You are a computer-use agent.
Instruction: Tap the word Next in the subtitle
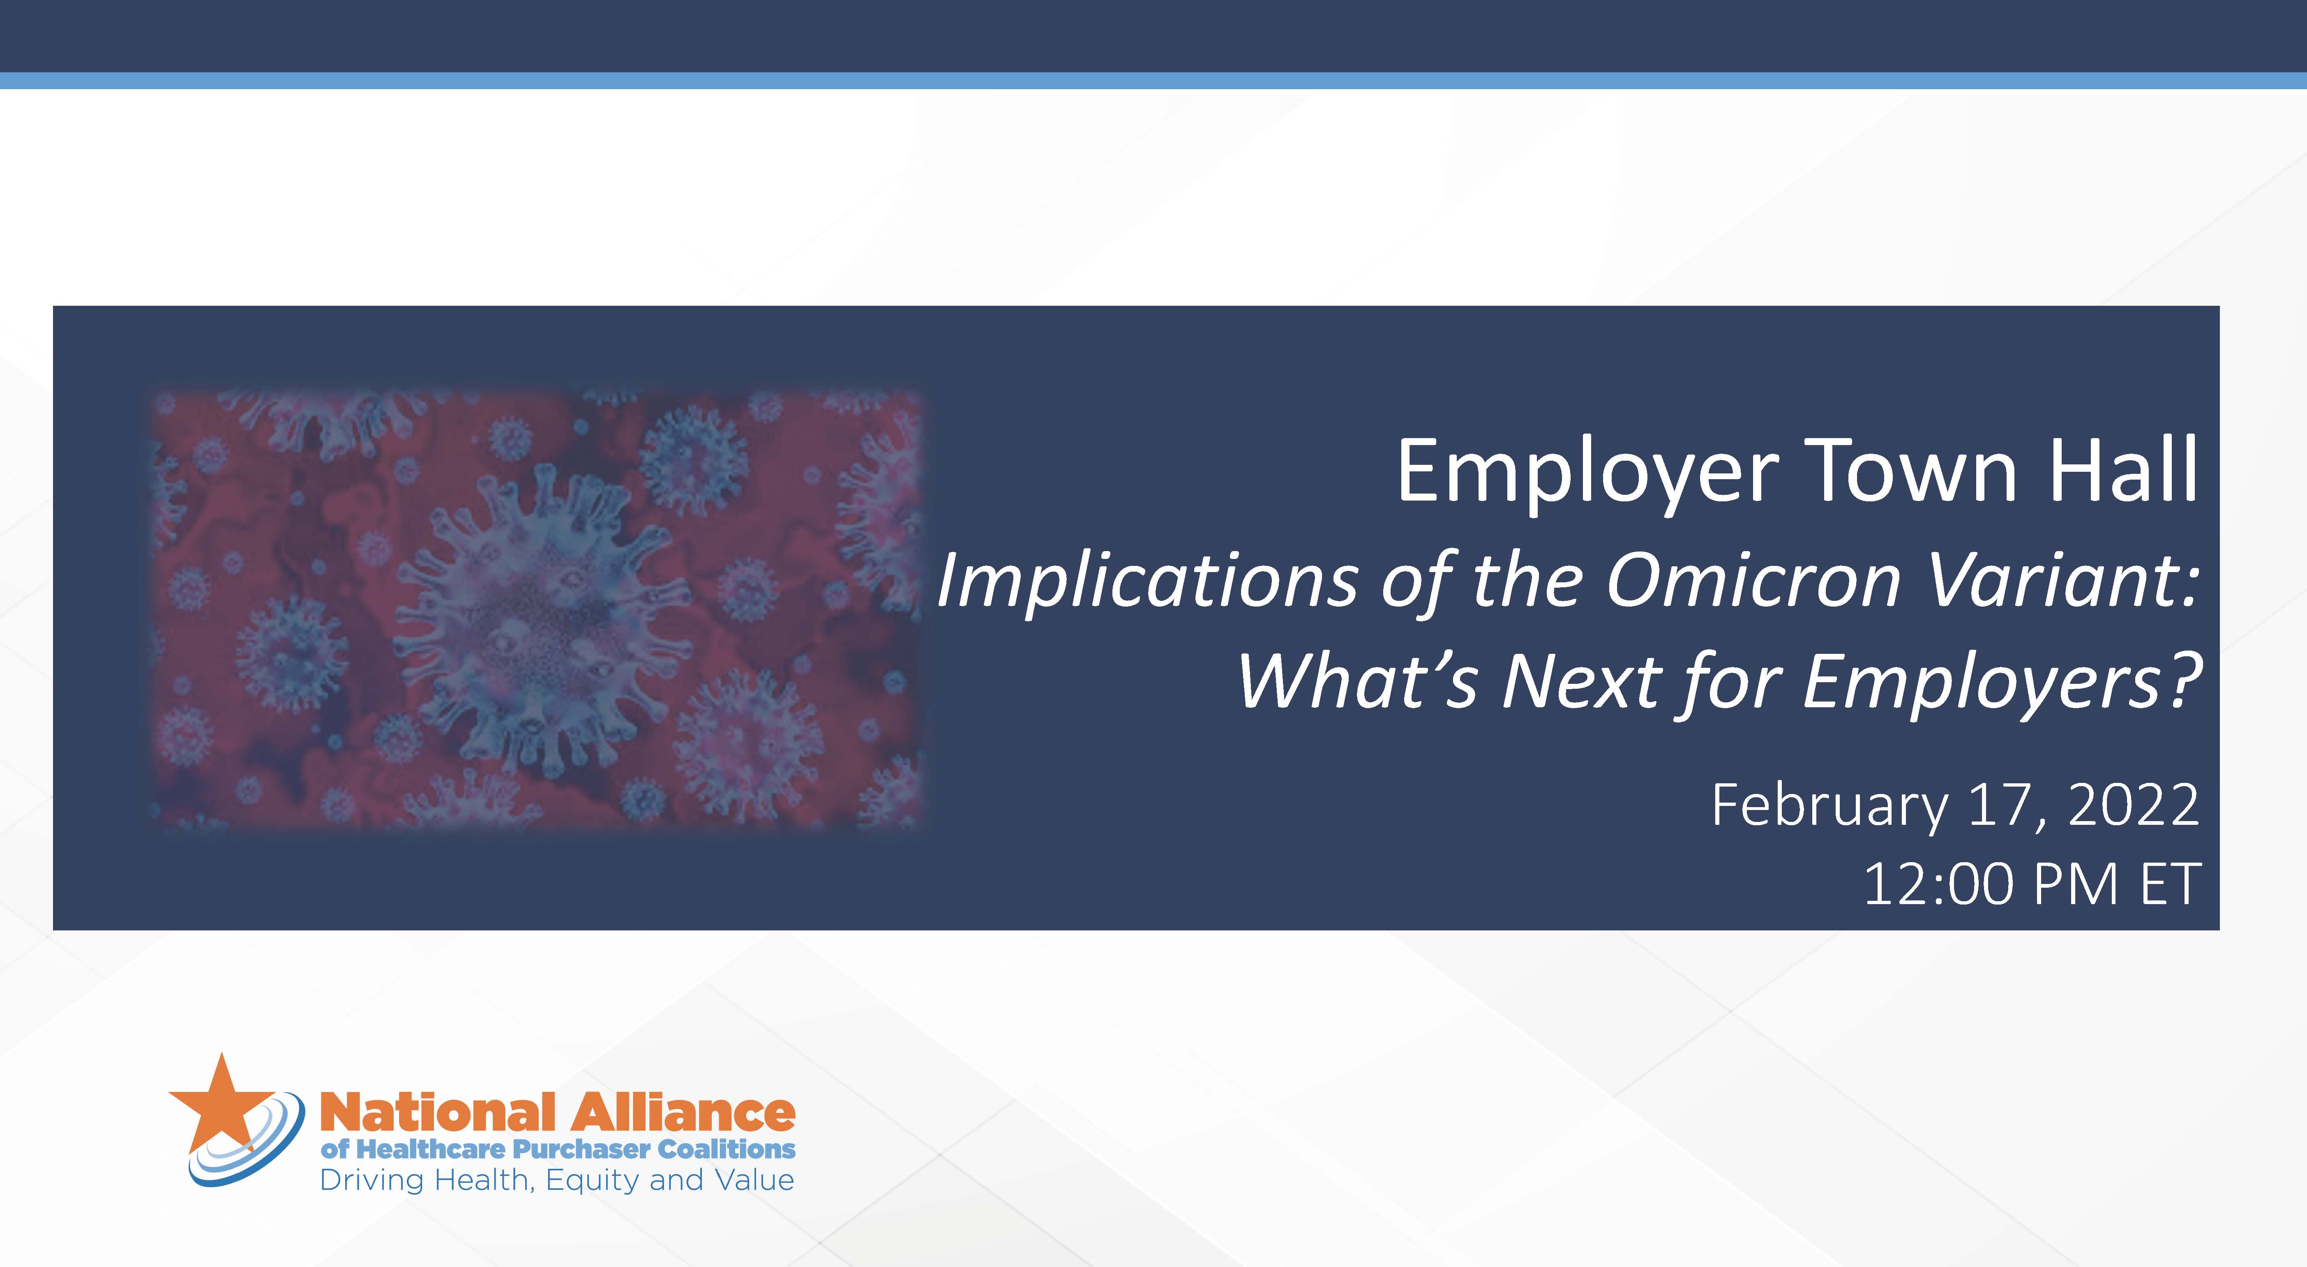[x=1582, y=681]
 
